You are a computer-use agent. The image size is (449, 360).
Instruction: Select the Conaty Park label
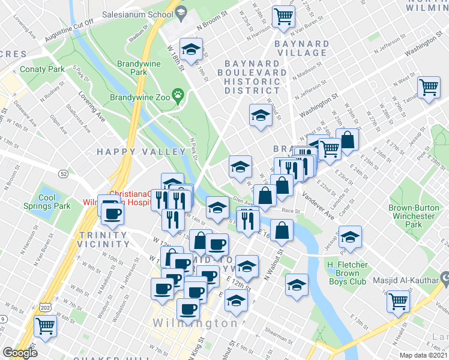point(42,70)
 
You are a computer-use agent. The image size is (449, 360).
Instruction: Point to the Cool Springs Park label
point(47,202)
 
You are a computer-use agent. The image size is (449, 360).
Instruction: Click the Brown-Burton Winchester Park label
point(412,215)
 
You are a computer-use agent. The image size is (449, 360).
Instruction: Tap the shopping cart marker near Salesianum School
point(283,16)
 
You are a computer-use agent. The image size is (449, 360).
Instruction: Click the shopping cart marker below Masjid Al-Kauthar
point(399,301)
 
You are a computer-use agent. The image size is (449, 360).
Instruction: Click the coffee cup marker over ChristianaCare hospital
point(112,211)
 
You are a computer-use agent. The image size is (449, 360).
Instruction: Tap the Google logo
point(20,352)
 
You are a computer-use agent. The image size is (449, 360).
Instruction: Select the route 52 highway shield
point(64,173)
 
